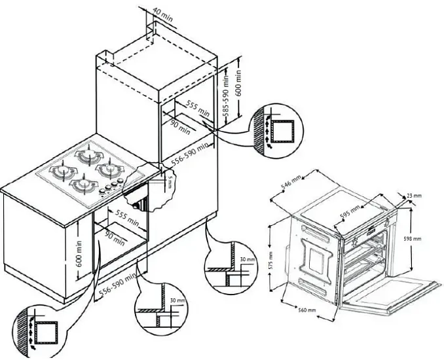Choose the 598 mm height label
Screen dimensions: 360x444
pos(418,239)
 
